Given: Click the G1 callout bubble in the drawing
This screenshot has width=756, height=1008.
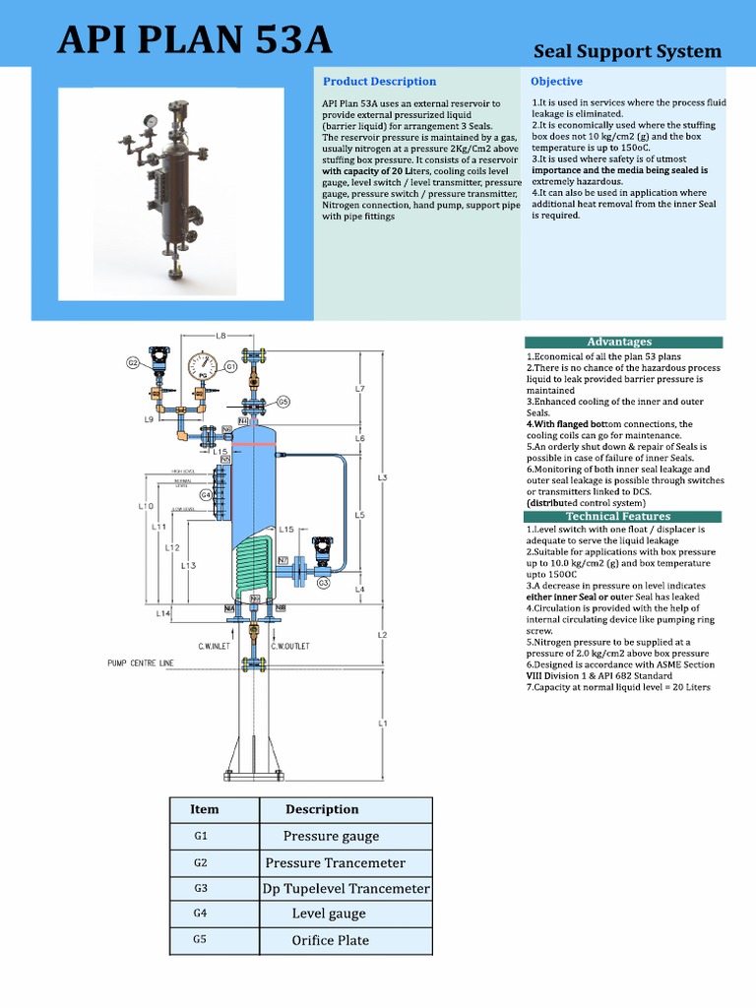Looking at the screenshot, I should (230, 367).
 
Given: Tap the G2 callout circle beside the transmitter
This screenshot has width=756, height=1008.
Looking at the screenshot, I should (132, 363).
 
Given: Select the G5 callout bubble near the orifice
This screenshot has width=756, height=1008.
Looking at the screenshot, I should (283, 402).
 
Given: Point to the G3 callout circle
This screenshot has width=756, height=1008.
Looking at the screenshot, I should (323, 583).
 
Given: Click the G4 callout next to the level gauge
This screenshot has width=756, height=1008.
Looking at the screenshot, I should (207, 494).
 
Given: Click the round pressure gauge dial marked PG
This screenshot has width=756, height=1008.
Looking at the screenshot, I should (204, 366).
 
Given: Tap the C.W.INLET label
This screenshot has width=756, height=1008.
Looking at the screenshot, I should (214, 646).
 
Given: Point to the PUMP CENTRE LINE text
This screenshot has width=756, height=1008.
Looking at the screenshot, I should (140, 663).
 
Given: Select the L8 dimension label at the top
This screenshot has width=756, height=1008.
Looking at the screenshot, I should (220, 336).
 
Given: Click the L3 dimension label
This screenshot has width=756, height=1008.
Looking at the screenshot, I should (382, 477).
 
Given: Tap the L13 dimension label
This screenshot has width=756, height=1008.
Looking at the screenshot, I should (188, 565).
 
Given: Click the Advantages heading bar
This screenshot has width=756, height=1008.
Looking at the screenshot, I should (619, 342).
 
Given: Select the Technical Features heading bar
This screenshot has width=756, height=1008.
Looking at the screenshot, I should (619, 516).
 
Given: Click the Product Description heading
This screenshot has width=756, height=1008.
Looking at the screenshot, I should (379, 81).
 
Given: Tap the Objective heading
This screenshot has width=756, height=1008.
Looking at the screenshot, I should (556, 81).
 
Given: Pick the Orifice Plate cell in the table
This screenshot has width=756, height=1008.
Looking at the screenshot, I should (331, 940).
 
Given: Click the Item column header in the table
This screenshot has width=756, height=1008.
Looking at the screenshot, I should (205, 809).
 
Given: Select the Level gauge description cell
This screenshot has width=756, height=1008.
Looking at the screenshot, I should (329, 913).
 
